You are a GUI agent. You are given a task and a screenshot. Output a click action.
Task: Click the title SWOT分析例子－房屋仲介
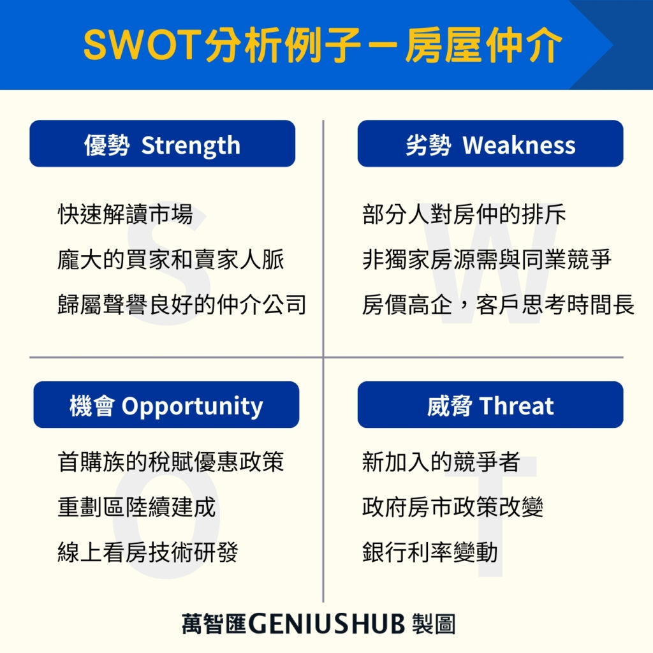(323, 45)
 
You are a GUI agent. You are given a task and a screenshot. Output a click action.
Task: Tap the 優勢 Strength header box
(162, 144)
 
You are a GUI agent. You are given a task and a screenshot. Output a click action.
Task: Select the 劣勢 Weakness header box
(490, 144)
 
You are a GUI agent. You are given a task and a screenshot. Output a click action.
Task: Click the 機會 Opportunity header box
(166, 405)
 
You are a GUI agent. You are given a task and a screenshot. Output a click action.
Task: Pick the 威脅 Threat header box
(490, 405)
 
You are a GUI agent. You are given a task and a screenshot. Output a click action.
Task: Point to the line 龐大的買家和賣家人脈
(171, 260)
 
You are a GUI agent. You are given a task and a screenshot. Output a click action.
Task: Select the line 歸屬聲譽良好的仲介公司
(182, 304)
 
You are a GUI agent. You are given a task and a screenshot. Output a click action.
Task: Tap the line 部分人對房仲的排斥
(464, 214)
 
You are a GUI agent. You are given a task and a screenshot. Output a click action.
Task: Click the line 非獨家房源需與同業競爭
(487, 260)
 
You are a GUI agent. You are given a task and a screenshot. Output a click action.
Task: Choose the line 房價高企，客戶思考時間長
(499, 304)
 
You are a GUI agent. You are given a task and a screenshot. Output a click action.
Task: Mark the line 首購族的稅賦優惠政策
(171, 461)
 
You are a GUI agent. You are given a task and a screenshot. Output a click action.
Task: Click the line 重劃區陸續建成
(136, 507)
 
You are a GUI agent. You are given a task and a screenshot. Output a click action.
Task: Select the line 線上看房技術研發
(148, 552)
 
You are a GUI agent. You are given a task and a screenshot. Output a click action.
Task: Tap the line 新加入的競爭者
(441, 461)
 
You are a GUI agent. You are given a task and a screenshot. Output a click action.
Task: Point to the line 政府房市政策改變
(453, 507)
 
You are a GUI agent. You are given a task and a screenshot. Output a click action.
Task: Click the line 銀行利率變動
(430, 552)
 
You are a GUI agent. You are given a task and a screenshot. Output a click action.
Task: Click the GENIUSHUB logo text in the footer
(326, 624)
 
